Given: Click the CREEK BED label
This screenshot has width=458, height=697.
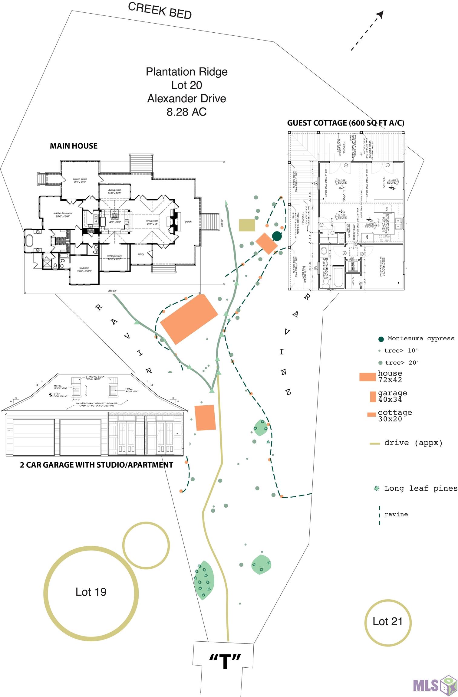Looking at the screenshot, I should (x=160, y=11).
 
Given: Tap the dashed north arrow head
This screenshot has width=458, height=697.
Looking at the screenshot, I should (x=380, y=14).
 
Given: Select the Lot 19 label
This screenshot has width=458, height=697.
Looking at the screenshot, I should (x=91, y=592).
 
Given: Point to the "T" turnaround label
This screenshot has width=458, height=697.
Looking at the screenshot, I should (x=224, y=661).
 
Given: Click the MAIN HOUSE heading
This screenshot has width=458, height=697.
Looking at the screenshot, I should (x=74, y=146).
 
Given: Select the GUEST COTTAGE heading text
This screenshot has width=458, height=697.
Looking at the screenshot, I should (x=345, y=123).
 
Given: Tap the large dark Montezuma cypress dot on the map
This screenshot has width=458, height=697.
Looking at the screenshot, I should (x=276, y=236).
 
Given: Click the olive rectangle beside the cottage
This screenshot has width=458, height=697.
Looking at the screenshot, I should (x=247, y=225).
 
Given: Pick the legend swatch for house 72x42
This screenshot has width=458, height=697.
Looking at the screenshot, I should (x=367, y=377).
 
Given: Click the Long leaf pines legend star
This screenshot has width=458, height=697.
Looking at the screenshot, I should (x=377, y=488).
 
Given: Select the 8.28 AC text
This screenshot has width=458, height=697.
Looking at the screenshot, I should (x=186, y=112).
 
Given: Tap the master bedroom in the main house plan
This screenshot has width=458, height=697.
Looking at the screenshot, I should (x=62, y=215).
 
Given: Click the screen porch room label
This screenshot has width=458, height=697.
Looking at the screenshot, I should (x=80, y=181).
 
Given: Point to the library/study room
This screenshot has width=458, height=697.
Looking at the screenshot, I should (x=114, y=257).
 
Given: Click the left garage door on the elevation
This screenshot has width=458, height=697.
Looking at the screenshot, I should (x=33, y=437).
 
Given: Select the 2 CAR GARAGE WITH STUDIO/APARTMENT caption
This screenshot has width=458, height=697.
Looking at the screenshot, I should (x=97, y=465).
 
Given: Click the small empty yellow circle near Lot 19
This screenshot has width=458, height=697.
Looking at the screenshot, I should (x=146, y=545).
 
